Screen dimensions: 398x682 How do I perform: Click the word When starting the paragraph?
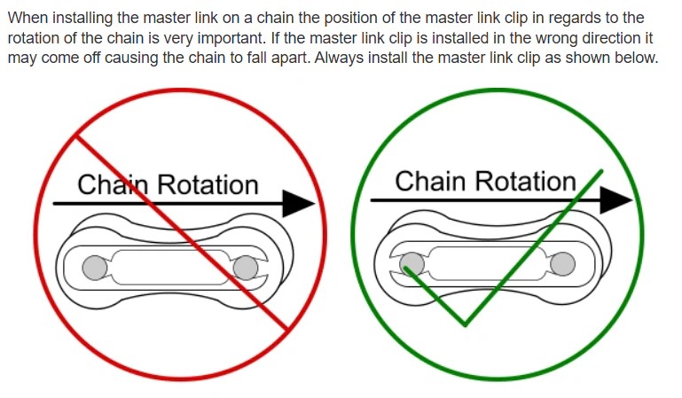(x=28, y=18)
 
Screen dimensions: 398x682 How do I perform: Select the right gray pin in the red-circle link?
(x=244, y=267)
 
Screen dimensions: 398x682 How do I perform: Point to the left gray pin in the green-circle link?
(x=412, y=263)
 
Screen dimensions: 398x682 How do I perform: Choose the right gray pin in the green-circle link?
(x=561, y=263)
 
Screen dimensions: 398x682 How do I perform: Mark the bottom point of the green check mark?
(x=465, y=324)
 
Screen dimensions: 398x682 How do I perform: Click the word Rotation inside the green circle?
(x=524, y=181)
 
